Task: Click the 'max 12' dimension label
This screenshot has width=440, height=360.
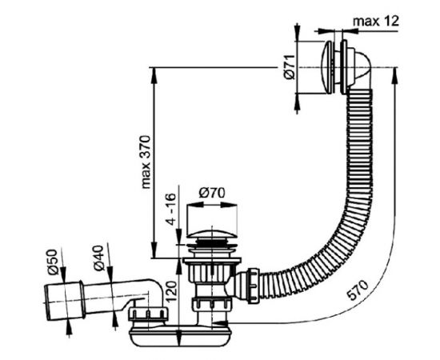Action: pos(376,21)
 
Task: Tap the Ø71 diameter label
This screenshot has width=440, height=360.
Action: pos(290,67)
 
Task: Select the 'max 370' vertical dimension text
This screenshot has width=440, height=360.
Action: pos(146,162)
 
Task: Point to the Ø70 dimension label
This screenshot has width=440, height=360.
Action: pos(211,193)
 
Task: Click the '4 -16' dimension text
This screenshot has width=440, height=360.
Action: pos(171,209)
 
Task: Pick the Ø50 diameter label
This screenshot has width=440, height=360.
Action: pos(53,262)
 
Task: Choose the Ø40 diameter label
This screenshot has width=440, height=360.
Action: pos(98,258)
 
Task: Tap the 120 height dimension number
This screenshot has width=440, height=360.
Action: pos(171,292)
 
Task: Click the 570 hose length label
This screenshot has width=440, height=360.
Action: pos(358,290)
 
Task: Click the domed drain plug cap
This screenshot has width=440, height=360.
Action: pos(211,235)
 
